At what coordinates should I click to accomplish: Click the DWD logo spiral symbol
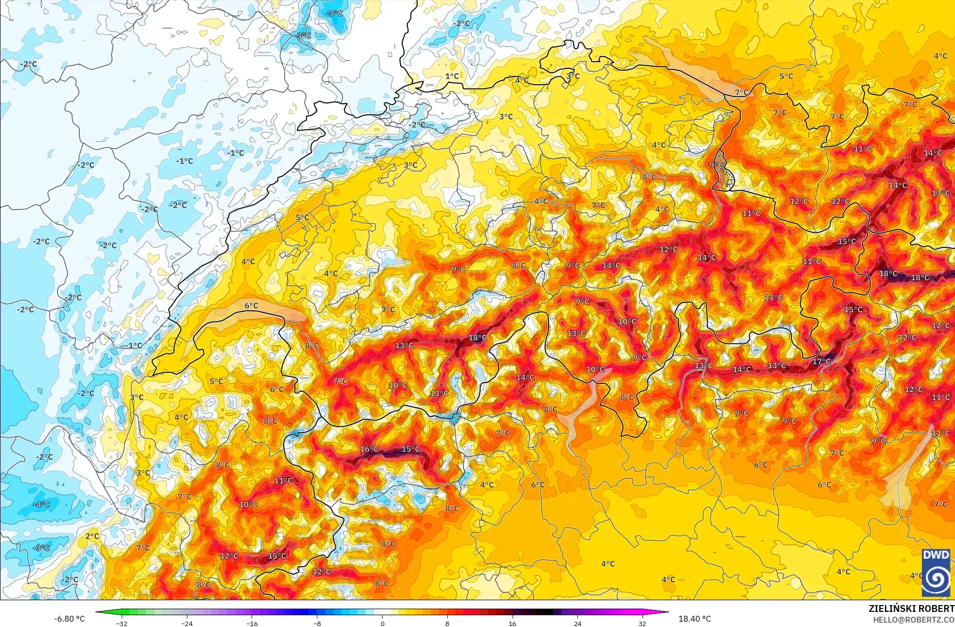pyautogui.click(x=936, y=578)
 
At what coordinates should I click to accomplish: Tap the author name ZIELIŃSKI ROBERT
pyautogui.click(x=911, y=608)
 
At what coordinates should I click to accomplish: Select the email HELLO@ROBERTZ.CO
pyautogui.click(x=913, y=619)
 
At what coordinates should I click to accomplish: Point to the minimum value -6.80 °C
pyautogui.click(x=69, y=619)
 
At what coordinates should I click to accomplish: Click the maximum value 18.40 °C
pyautogui.click(x=695, y=619)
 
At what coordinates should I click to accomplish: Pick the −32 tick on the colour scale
pyautogui.click(x=122, y=623)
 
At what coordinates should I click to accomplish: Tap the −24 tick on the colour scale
pyautogui.click(x=187, y=623)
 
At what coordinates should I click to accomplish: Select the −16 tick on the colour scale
pyautogui.click(x=252, y=623)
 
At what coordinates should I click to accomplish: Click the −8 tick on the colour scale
pyautogui.click(x=317, y=623)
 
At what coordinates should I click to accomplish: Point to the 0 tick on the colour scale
pyautogui.click(x=383, y=623)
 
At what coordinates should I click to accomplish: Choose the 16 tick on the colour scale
pyautogui.click(x=512, y=623)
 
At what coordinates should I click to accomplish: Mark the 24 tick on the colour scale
pyautogui.click(x=577, y=623)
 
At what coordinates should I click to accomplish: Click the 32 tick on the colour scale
pyautogui.click(x=643, y=623)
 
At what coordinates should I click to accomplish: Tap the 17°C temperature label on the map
pyautogui.click(x=821, y=361)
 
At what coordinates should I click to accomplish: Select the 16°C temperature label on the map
pyautogui.click(x=369, y=449)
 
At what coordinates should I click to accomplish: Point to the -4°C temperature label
pyautogui.click(x=41, y=505)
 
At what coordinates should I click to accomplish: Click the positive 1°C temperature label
pyautogui.click(x=452, y=76)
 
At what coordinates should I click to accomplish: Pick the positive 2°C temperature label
pyautogui.click(x=92, y=536)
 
